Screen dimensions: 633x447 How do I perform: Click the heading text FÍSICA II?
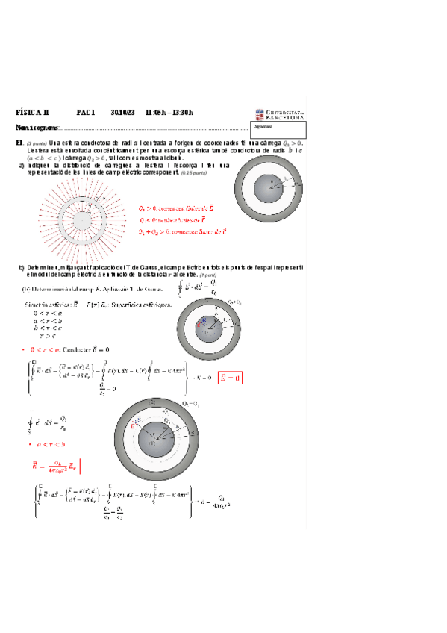coord(32,113)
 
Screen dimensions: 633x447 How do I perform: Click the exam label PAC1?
coord(85,113)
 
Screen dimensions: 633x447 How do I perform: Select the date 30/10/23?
coord(122,113)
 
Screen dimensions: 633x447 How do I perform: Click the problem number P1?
coord(19,143)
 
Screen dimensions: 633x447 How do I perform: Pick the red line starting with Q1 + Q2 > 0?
coord(183,232)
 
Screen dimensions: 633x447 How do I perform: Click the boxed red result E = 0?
coord(230,378)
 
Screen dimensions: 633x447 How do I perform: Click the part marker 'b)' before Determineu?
coord(22,266)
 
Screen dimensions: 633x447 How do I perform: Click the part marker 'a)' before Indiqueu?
coord(22,165)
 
